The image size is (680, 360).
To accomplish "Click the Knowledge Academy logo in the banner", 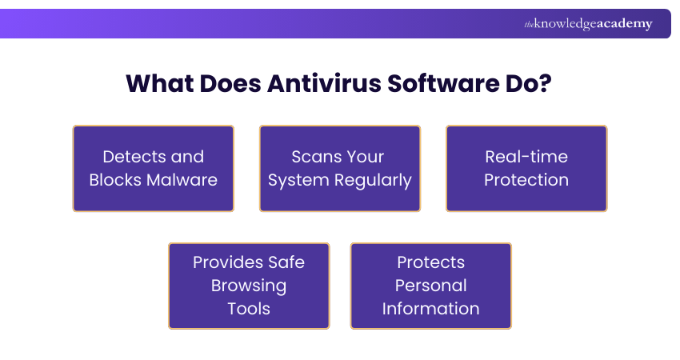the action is (588, 24).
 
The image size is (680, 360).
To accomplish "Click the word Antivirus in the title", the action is (324, 83).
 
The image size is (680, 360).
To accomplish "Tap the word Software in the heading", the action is (443, 83).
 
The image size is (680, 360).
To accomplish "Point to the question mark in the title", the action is (546, 83).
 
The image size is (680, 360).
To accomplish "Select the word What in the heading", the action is (159, 83).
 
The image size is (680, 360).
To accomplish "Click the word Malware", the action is (182, 180).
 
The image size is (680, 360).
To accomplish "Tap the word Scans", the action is (312, 157).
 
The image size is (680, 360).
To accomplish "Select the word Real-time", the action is (526, 157).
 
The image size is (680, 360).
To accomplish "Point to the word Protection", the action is (526, 180).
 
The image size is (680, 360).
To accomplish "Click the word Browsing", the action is (249, 286).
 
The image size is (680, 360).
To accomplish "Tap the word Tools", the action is (249, 309).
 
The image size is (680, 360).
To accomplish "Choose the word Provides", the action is (228, 262).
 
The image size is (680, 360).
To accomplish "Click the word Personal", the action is (431, 286).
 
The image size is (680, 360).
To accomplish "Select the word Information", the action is (431, 309).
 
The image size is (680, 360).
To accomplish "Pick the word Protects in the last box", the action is (431, 262).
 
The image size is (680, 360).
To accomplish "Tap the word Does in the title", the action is (230, 83).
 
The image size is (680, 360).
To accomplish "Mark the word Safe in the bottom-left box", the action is (286, 262).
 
